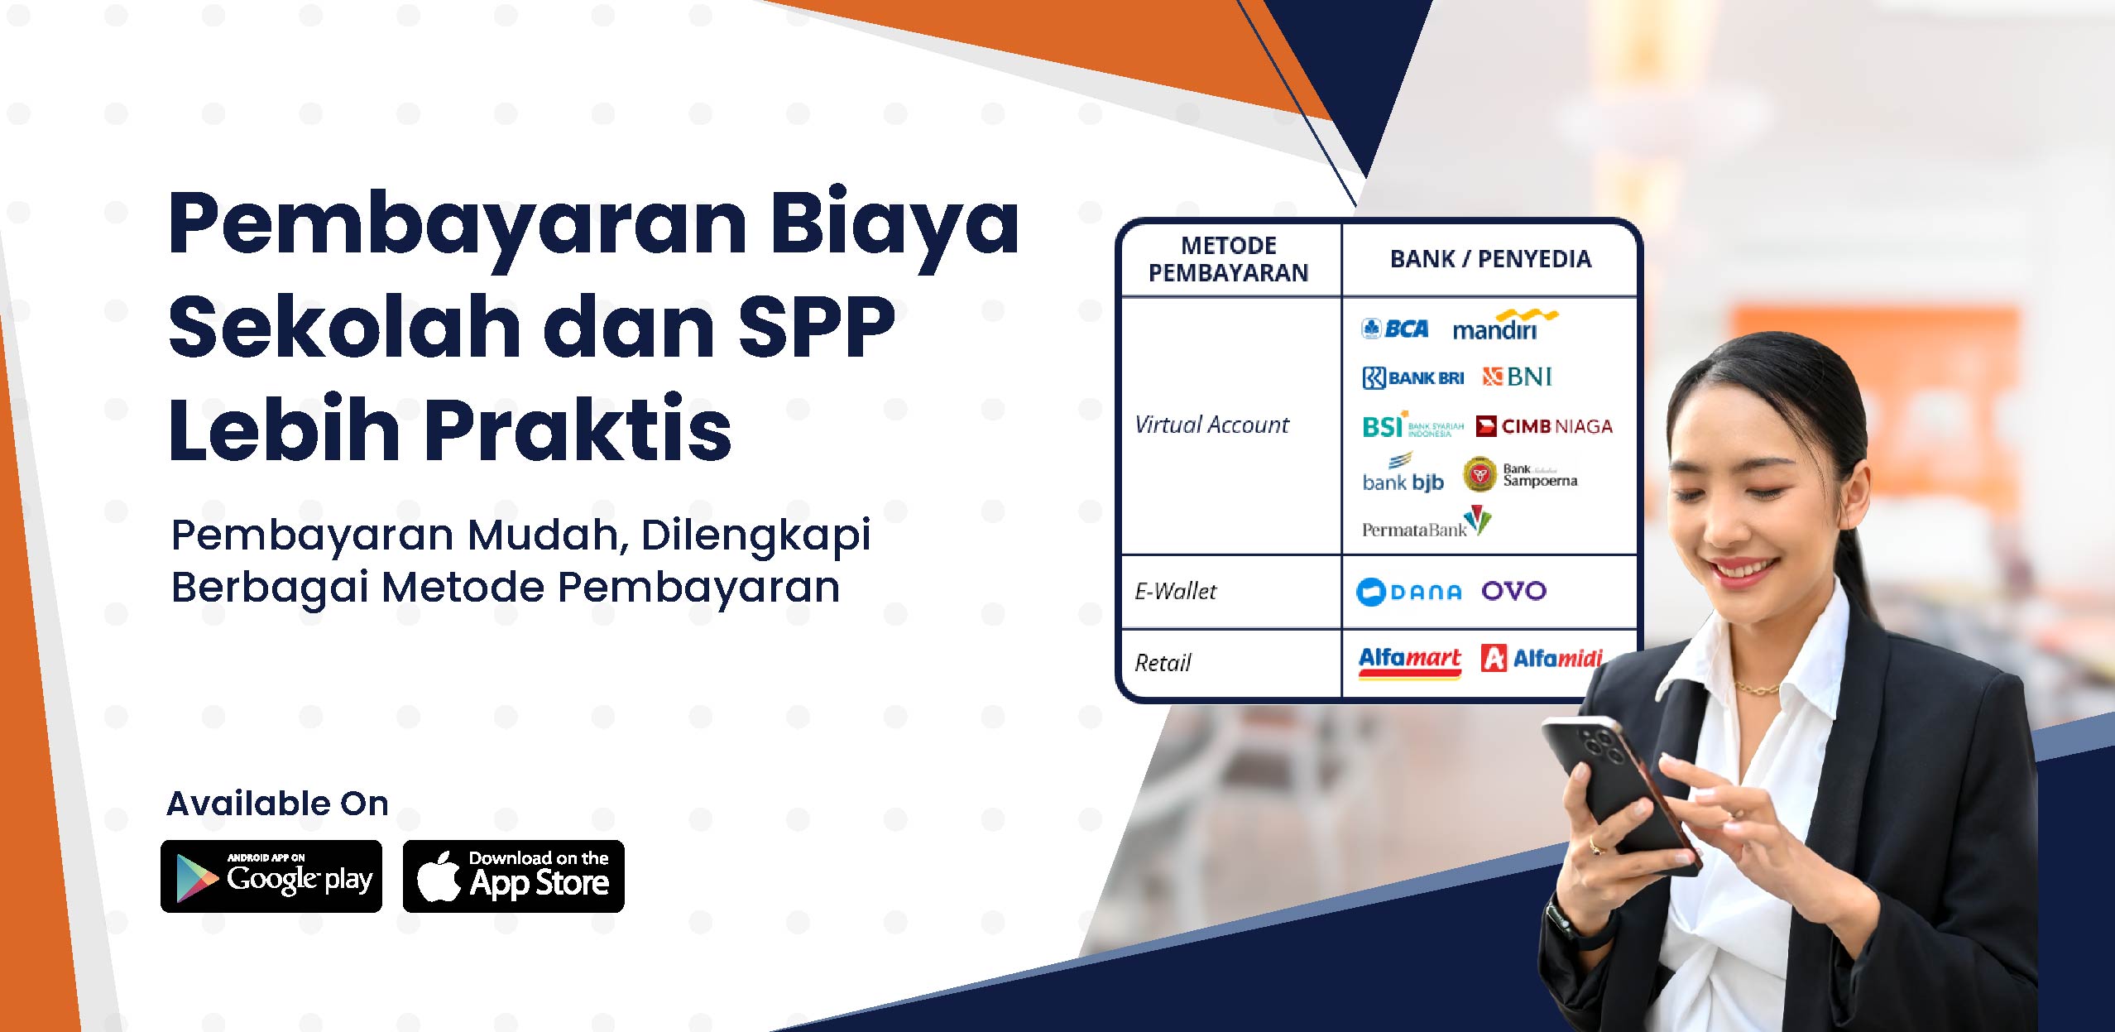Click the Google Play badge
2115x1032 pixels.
click(x=271, y=876)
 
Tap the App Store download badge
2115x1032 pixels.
click(x=514, y=876)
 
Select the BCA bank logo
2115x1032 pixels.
click(x=1395, y=329)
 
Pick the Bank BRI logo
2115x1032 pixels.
click(x=1413, y=378)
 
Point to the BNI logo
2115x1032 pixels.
click(x=1517, y=377)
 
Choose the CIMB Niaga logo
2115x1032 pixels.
click(x=1544, y=426)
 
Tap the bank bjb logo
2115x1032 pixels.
click(x=1403, y=473)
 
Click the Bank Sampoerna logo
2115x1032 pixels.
click(x=1521, y=475)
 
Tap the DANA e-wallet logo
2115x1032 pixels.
click(x=1409, y=592)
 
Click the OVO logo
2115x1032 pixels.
click(x=1513, y=591)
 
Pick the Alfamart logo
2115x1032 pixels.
click(x=1410, y=661)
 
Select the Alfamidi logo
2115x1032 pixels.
click(x=1542, y=658)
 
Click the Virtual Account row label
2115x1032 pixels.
click(x=1211, y=425)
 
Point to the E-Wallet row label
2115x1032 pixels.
click(x=1175, y=591)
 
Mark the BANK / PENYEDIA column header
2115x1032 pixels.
click(x=1490, y=259)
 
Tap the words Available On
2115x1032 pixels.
click(x=278, y=803)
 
